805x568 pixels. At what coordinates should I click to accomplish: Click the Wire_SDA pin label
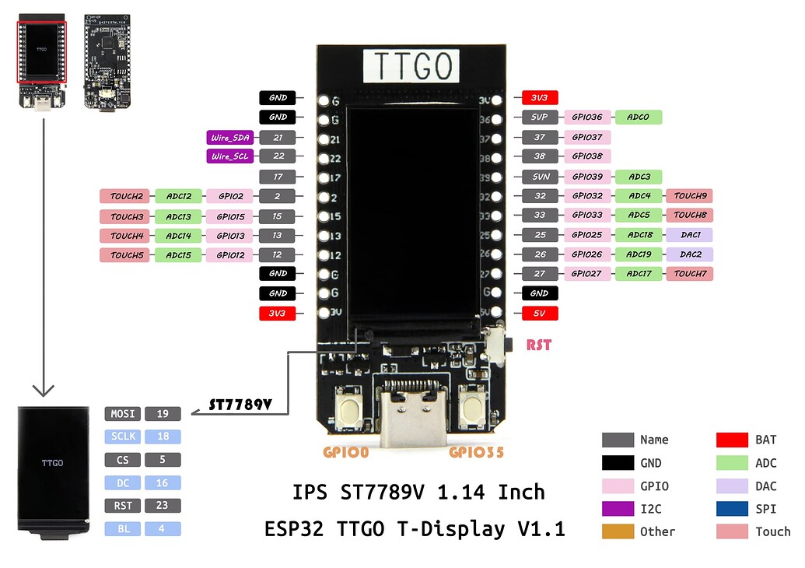(230, 138)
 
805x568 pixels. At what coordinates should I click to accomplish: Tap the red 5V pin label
(539, 313)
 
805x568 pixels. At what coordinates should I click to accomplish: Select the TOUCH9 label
(689, 196)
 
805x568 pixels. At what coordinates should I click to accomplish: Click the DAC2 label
(689, 254)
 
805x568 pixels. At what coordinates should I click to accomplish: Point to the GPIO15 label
(230, 216)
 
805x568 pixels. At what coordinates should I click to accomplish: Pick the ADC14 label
(179, 235)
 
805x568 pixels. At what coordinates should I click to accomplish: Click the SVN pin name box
(539, 177)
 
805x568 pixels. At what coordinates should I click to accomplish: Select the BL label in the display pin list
(123, 529)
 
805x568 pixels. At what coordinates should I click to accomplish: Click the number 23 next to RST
(162, 506)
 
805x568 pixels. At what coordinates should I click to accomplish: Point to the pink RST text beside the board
(539, 345)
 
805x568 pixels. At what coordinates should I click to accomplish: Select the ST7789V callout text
(240, 405)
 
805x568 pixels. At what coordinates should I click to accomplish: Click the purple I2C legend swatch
(617, 509)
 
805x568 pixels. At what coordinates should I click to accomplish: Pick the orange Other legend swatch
(617, 531)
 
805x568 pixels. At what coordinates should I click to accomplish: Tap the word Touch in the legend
(772, 532)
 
